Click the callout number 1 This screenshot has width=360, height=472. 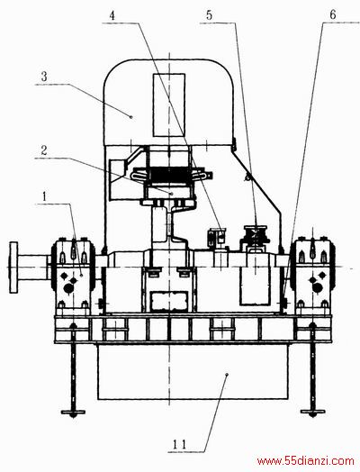45,196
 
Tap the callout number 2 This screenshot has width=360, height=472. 44,150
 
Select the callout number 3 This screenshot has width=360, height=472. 44,77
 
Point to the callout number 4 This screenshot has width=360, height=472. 112,15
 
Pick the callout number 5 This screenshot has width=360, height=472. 209,15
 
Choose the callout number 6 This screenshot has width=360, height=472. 333,14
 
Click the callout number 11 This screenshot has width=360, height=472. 179,444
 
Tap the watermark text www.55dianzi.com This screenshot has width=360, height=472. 306,460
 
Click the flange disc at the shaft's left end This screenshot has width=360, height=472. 13,267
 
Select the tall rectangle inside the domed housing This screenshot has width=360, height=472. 168,104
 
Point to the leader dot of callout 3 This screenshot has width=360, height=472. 130,117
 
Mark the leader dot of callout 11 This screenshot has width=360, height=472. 227,374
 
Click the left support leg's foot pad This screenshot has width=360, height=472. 73,412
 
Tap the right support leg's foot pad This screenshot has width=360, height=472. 313,412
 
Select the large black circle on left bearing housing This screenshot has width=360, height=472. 69,288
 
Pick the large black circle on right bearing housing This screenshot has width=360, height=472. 317,288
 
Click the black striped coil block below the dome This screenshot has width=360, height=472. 169,175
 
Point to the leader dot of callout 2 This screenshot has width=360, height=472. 171,194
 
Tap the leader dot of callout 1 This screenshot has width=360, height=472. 82,275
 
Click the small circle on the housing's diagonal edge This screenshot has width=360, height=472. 247,178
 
